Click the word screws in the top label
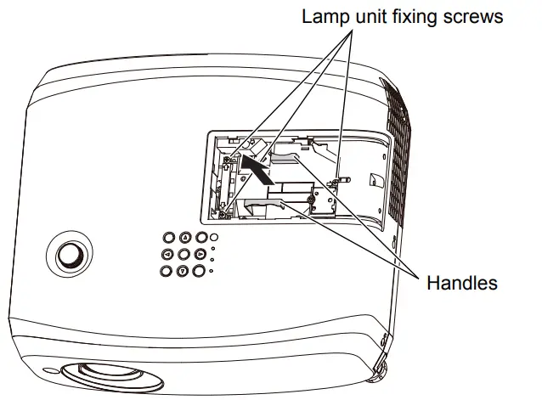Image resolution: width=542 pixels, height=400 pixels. (x=476, y=16)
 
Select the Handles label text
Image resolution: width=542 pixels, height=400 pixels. (x=462, y=283)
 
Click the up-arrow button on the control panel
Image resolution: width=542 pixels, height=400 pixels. (x=184, y=239)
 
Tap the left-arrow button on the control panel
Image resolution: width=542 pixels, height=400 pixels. (x=168, y=256)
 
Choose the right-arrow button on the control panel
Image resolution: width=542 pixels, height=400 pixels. (x=200, y=254)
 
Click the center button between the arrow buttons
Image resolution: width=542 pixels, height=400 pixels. (x=183, y=255)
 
